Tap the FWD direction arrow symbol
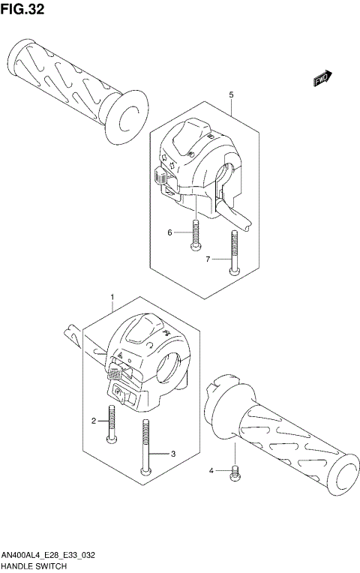322,77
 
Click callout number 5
231,95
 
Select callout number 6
170,232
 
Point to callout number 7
208,259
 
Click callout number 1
112,297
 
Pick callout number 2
94,421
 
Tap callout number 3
172,454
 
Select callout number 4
212,470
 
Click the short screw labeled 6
195,235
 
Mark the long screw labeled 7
235,256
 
